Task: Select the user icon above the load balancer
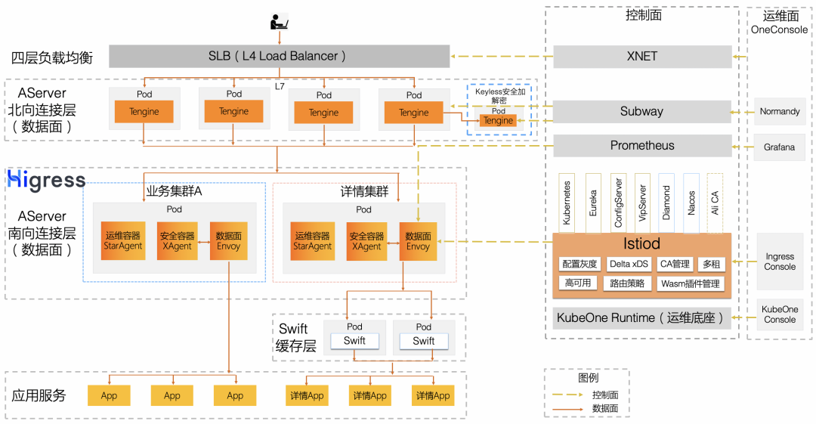[x=279, y=22]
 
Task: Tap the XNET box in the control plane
[x=642, y=56]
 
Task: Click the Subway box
[x=642, y=111]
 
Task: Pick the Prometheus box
[x=642, y=145]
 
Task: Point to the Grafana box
[x=779, y=147]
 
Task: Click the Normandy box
[x=779, y=112]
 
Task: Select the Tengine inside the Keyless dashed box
[x=498, y=121]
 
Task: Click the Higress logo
[x=46, y=181]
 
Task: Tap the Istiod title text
[x=641, y=243]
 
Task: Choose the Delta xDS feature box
[x=628, y=264]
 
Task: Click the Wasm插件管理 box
[x=690, y=283]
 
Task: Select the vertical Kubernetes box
[x=567, y=203]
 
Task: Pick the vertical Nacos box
[x=691, y=203]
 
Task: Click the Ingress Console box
[x=779, y=262]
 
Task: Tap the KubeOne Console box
[x=779, y=314]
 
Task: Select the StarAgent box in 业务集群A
[x=122, y=241]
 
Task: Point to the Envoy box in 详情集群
[x=418, y=241]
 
